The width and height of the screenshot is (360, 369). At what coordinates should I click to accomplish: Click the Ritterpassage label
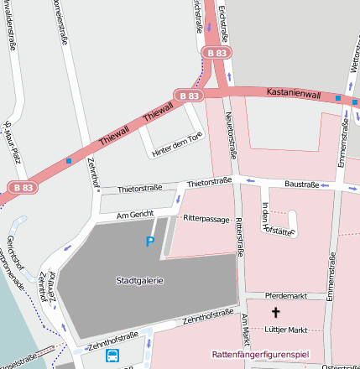206,216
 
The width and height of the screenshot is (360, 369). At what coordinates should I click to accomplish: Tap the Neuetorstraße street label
232,135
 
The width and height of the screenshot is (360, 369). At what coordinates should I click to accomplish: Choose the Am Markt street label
245,331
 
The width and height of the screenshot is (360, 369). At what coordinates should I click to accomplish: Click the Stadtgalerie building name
140,280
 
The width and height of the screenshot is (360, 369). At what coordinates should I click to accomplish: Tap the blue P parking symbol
150,242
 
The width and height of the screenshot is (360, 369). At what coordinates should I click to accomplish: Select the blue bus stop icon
112,356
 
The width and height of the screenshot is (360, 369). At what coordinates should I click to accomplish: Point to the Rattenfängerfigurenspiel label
260,355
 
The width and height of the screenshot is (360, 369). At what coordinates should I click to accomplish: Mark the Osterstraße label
340,366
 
